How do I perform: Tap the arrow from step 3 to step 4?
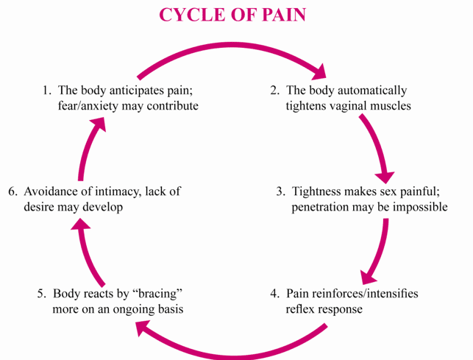pos(377,244)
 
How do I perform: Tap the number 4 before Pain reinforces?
pos(274,293)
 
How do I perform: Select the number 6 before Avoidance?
pos(13,191)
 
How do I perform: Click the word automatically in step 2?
pos(369,91)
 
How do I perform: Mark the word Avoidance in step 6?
pos(52,191)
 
